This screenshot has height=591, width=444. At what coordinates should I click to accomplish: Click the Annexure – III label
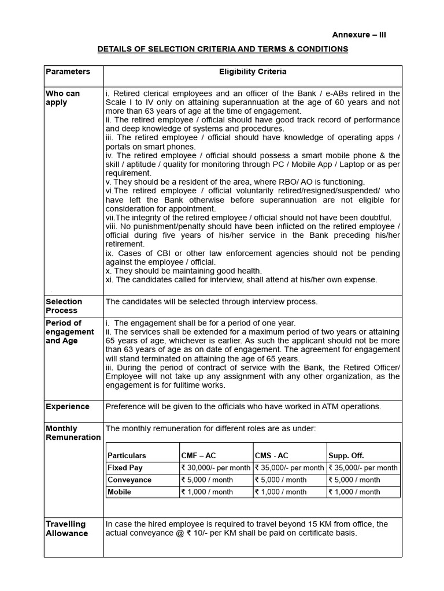click(358, 35)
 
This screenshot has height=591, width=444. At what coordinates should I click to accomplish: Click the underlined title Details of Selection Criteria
click(223, 49)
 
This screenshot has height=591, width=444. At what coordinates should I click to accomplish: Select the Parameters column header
click(68, 72)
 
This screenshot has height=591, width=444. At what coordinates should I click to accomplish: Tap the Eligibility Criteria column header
click(253, 72)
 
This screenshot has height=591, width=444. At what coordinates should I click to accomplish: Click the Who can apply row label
click(62, 98)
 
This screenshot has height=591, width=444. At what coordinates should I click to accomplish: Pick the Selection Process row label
click(64, 306)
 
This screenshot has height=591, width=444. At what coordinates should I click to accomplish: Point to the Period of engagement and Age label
click(69, 332)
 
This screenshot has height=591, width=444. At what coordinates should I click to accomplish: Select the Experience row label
click(68, 406)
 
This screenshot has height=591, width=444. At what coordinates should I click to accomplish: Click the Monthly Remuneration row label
click(73, 433)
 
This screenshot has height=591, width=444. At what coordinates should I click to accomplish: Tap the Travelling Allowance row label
click(66, 529)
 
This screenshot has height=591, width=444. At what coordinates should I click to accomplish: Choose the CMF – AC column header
click(199, 455)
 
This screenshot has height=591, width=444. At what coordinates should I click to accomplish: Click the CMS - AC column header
click(271, 455)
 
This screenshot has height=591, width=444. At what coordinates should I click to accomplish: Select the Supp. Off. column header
click(346, 455)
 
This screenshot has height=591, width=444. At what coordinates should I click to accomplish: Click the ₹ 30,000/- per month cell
click(216, 467)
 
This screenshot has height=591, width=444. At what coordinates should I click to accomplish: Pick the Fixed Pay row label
click(125, 467)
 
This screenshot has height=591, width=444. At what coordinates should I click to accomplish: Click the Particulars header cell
click(127, 455)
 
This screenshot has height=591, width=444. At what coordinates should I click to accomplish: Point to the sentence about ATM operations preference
click(243, 406)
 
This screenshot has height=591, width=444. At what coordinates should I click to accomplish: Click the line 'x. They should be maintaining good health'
click(183, 271)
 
